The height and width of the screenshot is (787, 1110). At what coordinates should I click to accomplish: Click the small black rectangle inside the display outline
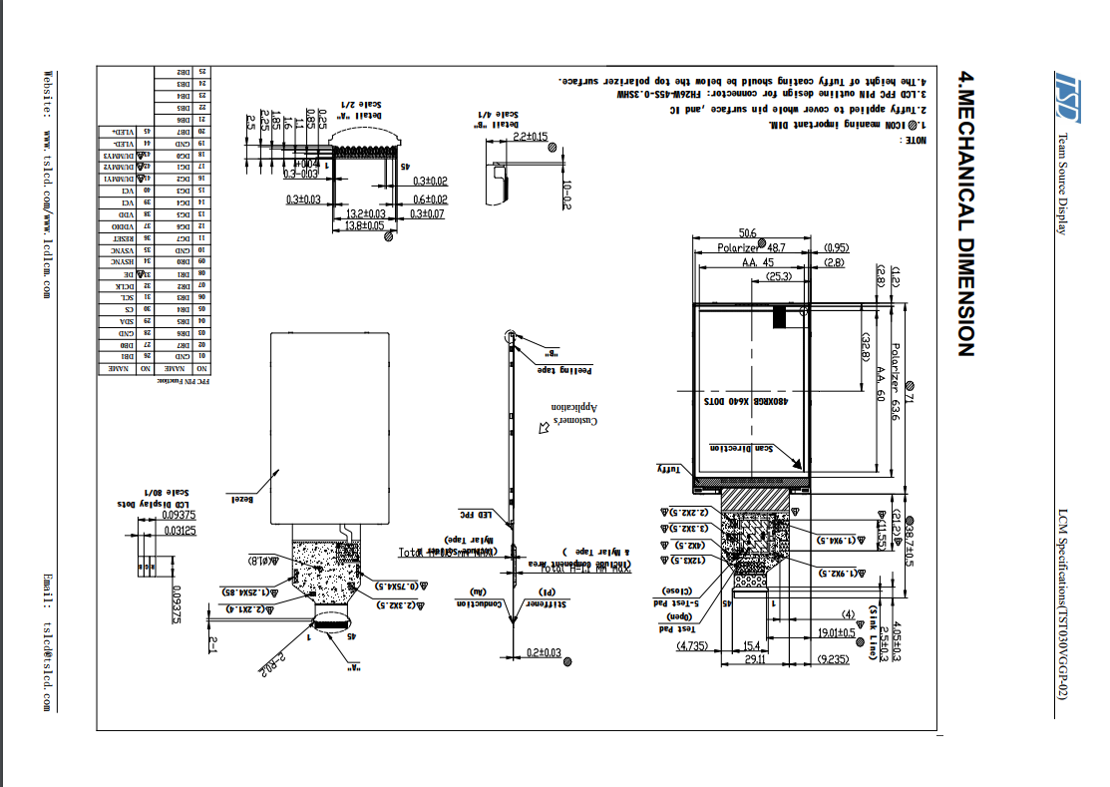pyautogui.click(x=780, y=316)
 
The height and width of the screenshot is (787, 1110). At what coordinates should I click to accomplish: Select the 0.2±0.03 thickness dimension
pyautogui.click(x=543, y=652)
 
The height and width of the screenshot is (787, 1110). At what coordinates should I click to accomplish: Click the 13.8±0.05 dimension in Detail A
pyautogui.click(x=365, y=226)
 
